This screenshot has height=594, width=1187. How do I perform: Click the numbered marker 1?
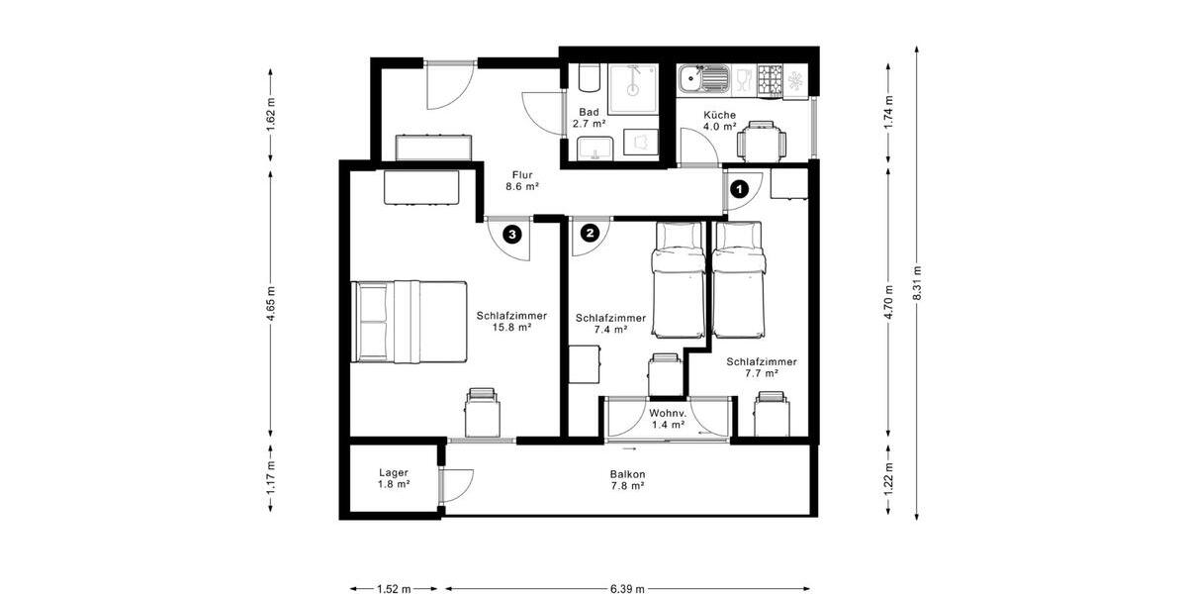pos(737,185)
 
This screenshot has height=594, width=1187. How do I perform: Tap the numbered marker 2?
pos(590,234)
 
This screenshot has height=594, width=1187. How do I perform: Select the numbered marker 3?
pos(511,235)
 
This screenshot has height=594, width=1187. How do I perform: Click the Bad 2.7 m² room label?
pos(589,119)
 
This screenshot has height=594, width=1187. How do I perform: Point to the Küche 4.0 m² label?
pos(719,121)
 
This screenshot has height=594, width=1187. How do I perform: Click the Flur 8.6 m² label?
pos(521,179)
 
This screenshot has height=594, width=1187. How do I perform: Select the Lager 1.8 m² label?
pos(394,479)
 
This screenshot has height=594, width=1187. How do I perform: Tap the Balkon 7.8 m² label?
pos(627,479)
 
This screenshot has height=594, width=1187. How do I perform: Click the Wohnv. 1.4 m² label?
pos(668,419)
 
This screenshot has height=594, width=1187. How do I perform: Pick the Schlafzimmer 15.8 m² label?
pos(511,322)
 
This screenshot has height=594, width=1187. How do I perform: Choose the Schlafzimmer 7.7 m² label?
pos(761,367)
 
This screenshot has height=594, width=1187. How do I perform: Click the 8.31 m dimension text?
pos(919,286)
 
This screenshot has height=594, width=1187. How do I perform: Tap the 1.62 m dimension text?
pos(271,114)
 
